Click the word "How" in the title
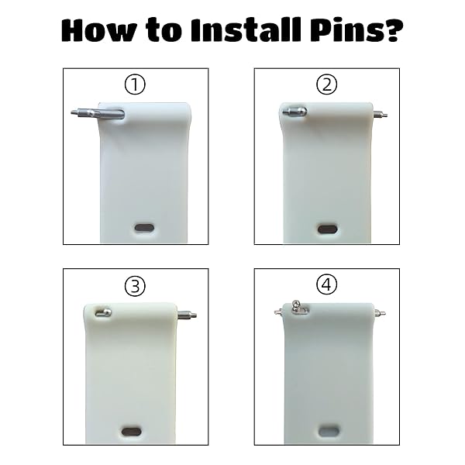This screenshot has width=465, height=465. pyautogui.click(x=99, y=29)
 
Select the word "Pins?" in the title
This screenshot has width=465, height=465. pyautogui.click(x=356, y=29)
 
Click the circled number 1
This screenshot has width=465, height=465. pyautogui.click(x=135, y=84)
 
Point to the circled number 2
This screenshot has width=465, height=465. pyautogui.click(x=326, y=84)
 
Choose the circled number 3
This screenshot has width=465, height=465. pyautogui.click(x=135, y=286)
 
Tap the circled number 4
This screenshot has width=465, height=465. pyautogui.click(x=327, y=284)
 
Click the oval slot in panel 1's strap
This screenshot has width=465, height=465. pyautogui.click(x=144, y=228)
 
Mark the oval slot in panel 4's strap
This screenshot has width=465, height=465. pyautogui.click(x=329, y=431)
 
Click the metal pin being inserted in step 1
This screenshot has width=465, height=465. pyautogui.click(x=98, y=113)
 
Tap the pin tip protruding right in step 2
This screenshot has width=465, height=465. pyautogui.click(x=380, y=114)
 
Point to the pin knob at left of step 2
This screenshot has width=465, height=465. pyautogui.click(x=294, y=112)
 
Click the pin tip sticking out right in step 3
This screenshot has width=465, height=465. pyautogui.click(x=187, y=315)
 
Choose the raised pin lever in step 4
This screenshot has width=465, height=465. pyautogui.click(x=298, y=308)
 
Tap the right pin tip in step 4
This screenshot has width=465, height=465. pyautogui.click(x=379, y=312)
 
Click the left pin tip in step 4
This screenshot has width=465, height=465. pyautogui.click(x=277, y=312)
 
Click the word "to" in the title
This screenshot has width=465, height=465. pyautogui.click(x=164, y=31)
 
